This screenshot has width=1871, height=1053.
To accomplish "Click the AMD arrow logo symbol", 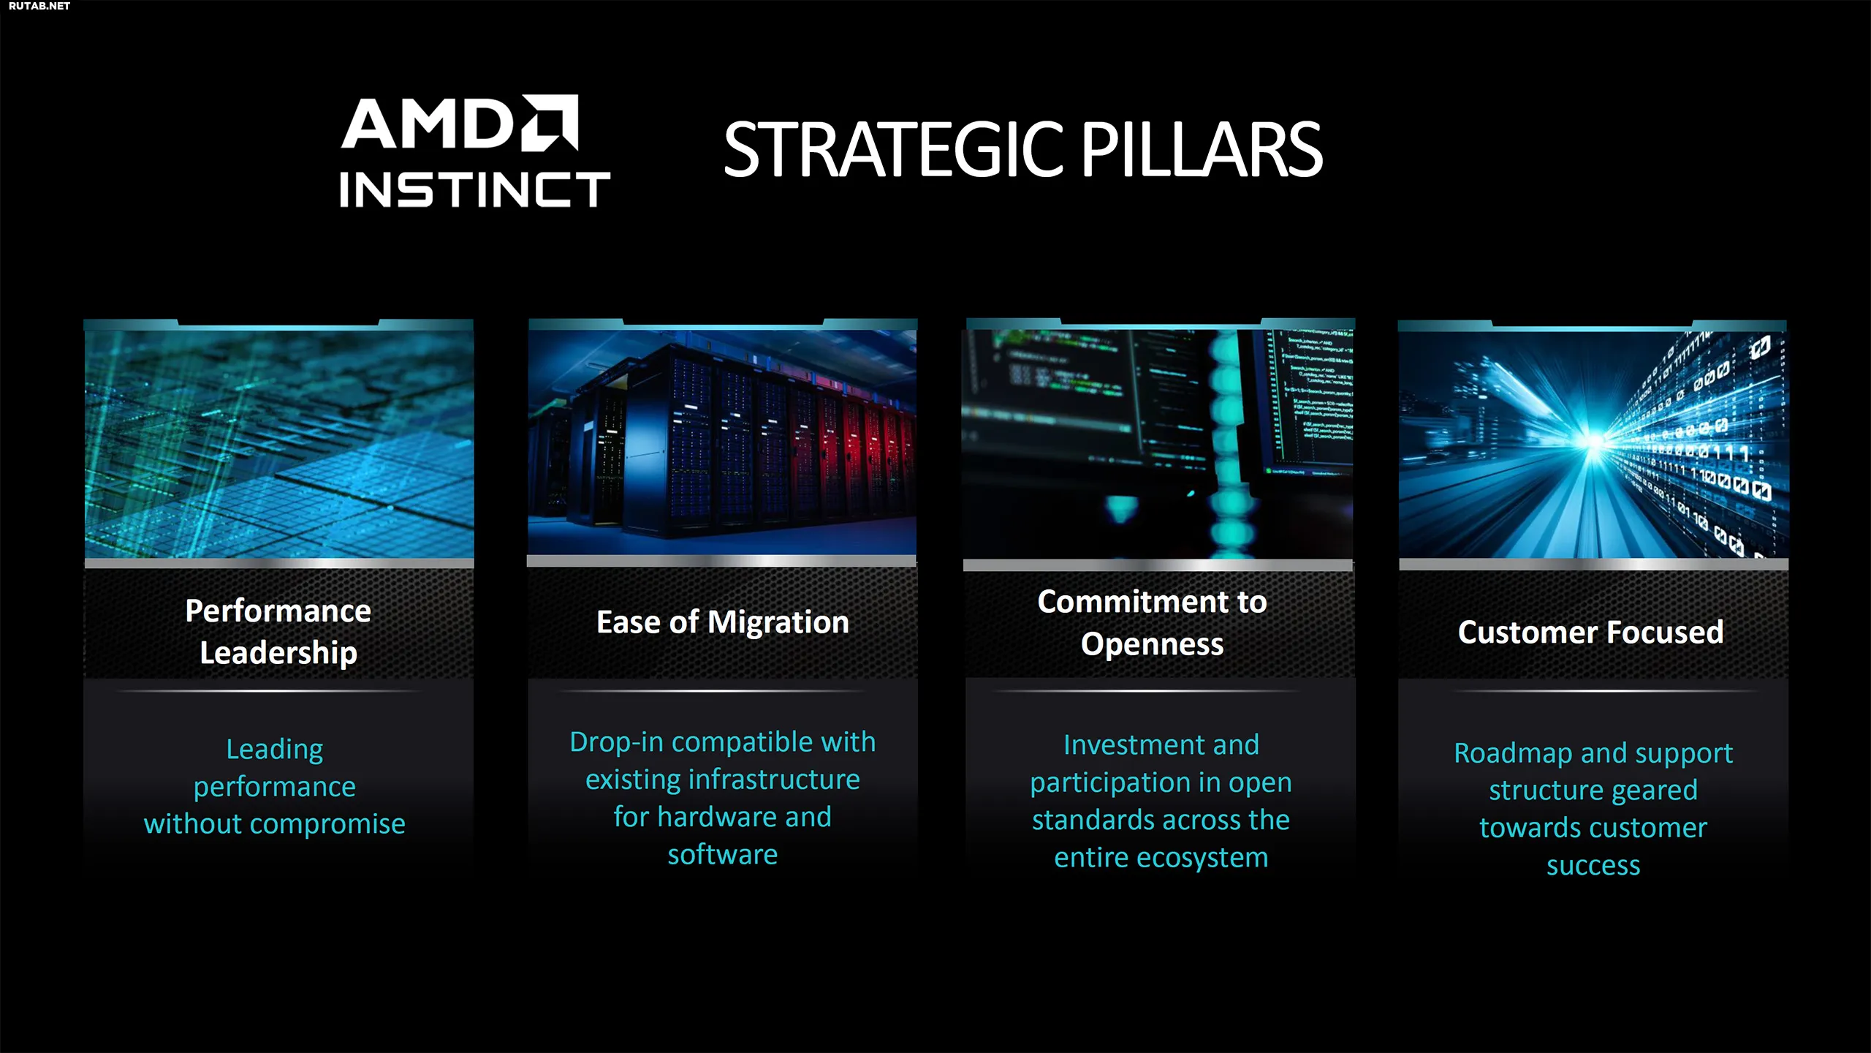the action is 550,122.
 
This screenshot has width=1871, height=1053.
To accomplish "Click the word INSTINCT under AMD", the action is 475,190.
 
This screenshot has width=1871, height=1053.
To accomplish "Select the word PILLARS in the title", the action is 1202,150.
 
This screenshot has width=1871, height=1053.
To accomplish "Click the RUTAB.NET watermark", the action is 39,6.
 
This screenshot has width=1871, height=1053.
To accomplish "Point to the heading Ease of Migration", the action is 723,622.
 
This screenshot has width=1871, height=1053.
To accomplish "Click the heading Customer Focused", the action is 1590,632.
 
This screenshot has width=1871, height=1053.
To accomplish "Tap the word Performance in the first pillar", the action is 278,611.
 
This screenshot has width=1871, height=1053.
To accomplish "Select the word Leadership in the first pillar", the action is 278,652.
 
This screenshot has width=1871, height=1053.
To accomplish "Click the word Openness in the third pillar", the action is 1152,644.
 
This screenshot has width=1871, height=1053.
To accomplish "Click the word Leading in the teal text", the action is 275,750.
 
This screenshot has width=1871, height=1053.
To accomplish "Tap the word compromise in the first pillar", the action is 328,825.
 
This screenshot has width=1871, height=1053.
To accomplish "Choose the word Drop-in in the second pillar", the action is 616,742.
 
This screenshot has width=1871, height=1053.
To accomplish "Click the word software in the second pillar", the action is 723,854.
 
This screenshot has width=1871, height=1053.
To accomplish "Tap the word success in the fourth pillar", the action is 1593,866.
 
